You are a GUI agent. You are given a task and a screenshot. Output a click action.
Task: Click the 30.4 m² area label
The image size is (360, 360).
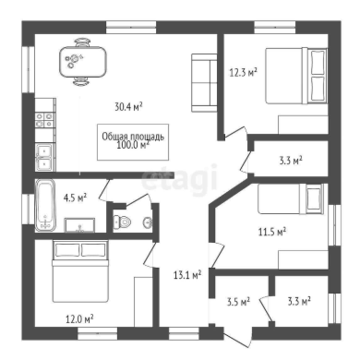(128, 107)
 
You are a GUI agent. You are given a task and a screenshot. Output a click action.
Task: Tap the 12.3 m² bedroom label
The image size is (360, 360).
(244, 73)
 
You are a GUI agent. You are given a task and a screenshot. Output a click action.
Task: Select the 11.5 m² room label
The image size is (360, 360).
(272, 232)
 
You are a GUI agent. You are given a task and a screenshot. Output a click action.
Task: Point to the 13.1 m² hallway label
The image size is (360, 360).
(187, 275)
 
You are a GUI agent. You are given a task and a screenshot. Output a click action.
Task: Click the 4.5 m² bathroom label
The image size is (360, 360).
(75, 198)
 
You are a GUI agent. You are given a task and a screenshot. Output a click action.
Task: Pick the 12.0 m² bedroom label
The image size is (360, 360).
(79, 319)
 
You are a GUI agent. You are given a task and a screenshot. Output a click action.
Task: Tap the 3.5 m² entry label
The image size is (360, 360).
(238, 302)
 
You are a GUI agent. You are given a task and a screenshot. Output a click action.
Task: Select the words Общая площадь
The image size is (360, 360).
(133, 137)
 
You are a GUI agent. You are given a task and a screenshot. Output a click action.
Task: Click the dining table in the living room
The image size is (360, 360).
(83, 62)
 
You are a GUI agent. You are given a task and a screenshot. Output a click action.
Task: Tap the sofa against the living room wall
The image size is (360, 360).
(204, 83)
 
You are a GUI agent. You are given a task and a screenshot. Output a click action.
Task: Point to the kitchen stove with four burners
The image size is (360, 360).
(45, 120)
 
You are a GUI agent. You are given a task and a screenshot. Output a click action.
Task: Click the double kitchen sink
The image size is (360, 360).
(45, 157)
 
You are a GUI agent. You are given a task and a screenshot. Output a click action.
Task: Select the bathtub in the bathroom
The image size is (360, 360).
(45, 205)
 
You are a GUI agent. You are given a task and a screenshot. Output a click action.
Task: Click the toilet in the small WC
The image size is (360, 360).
(122, 222)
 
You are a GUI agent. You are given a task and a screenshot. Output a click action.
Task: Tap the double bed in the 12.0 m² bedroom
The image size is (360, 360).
(80, 270)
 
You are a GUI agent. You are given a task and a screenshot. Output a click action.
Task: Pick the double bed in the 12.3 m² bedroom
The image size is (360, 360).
(295, 76)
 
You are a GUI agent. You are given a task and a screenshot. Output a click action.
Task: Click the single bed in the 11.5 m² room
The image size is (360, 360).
(291, 198)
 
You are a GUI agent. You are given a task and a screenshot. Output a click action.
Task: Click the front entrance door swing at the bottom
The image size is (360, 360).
(238, 337)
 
